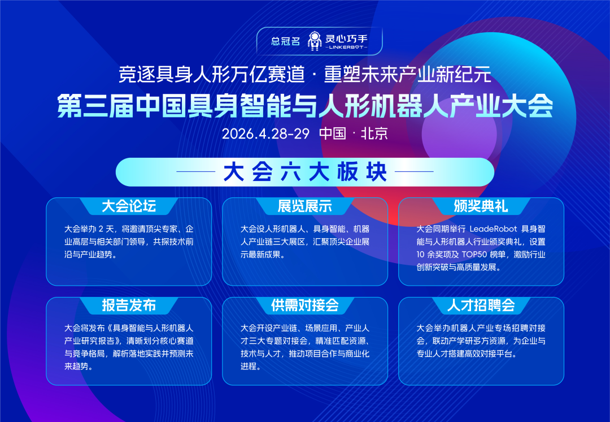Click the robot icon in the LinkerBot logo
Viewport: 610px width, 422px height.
(x=315, y=41)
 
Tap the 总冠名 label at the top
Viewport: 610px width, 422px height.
(x=285, y=41)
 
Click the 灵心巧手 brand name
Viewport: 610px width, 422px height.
(x=346, y=38)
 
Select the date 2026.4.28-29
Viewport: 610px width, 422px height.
(x=265, y=134)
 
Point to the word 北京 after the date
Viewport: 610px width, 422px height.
(x=374, y=134)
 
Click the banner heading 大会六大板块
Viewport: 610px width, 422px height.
(x=305, y=172)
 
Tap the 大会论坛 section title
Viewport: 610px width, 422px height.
(x=129, y=206)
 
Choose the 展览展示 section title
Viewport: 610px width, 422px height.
(x=305, y=206)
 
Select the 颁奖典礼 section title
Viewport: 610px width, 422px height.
(x=481, y=206)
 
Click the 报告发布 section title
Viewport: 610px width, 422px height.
(x=129, y=305)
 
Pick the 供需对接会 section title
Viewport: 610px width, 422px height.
(x=305, y=305)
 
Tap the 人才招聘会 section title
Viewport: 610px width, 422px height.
(x=481, y=305)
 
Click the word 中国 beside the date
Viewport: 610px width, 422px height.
(x=332, y=134)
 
